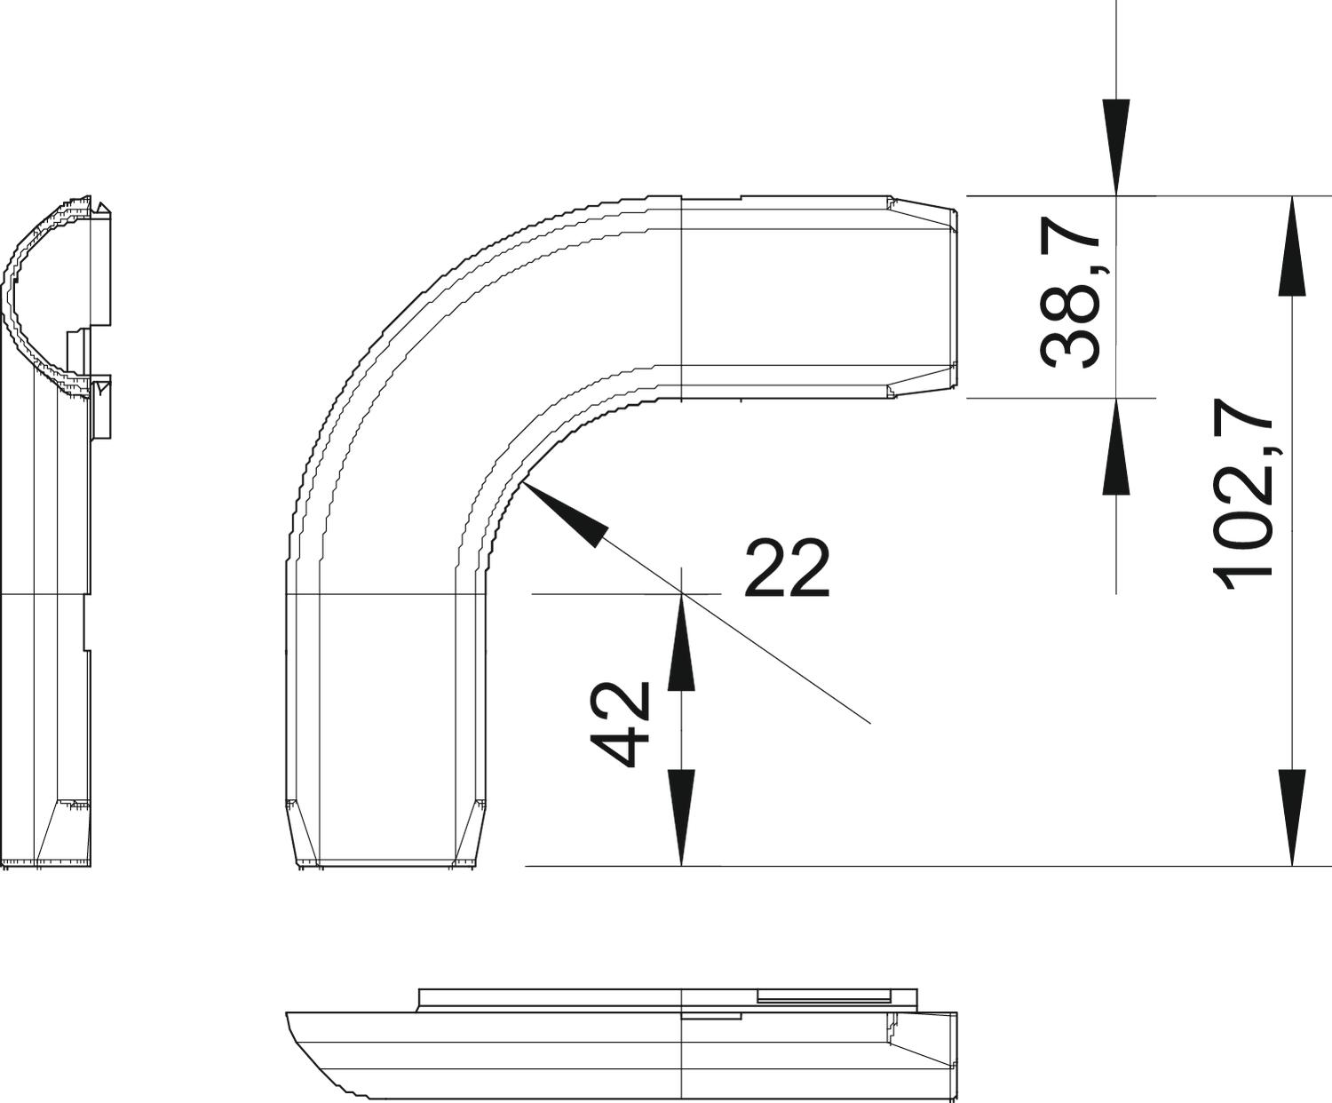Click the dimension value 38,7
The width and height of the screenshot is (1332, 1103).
coord(1070,293)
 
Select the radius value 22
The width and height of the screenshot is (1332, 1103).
coord(787,567)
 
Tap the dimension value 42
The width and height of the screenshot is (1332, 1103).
coord(620,724)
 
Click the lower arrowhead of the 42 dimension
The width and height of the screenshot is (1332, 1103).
coord(681,818)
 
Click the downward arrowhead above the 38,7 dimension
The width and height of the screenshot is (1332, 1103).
coord(1115,147)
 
